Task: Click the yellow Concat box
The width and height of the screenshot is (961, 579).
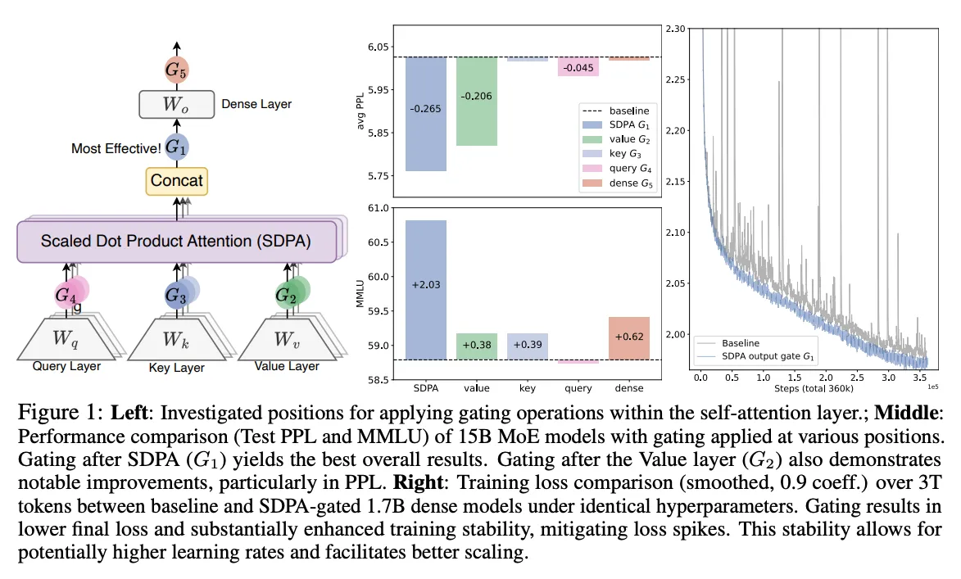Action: point(176,181)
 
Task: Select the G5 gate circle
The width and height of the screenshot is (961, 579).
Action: point(176,70)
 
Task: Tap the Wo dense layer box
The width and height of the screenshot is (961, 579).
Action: point(176,104)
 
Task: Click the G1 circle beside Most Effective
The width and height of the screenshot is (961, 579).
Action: point(176,147)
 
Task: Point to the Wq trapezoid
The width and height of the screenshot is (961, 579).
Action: point(66,339)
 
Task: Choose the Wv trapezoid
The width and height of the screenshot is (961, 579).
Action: point(287,339)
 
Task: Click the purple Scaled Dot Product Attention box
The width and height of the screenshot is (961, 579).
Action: point(176,242)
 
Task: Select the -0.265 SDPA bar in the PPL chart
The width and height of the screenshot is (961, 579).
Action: point(426,114)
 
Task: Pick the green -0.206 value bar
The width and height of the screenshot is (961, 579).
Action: point(477,101)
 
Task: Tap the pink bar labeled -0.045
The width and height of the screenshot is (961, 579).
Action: point(578,67)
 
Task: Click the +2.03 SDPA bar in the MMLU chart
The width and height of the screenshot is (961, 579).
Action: point(426,290)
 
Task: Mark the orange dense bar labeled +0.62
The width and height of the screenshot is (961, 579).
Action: point(629,338)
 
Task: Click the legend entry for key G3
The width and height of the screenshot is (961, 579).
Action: point(617,154)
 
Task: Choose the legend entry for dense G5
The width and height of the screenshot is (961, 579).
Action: point(617,183)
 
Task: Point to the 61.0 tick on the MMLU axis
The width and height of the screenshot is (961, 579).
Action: point(379,208)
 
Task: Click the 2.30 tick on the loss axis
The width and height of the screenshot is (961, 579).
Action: point(675,29)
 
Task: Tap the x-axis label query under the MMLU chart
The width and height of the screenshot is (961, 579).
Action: point(578,388)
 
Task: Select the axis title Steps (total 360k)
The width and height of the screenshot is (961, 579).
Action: point(814,388)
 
